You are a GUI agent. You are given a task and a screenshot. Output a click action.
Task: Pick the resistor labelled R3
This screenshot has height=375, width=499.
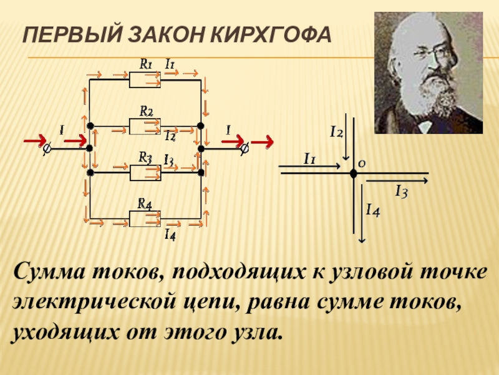pyautogui.click(x=145, y=171)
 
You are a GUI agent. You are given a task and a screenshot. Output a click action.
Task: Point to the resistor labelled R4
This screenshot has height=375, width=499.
pyautogui.click(x=145, y=218)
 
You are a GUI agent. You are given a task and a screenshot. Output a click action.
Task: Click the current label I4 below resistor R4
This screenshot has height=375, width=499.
pyautogui.click(x=169, y=235)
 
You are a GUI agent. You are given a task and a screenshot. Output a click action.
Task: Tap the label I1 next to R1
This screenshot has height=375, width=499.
pyautogui.click(x=170, y=63)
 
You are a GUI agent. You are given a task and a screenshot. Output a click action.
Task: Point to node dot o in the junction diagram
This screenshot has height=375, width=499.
pyautogui.click(x=353, y=173)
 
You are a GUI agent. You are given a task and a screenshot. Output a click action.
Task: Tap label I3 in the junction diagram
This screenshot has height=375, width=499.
pyautogui.click(x=400, y=192)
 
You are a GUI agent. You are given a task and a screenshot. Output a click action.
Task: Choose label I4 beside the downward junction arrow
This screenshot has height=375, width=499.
pyautogui.click(x=373, y=211)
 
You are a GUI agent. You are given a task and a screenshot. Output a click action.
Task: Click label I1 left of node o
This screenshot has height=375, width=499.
pyautogui.click(x=309, y=159)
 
